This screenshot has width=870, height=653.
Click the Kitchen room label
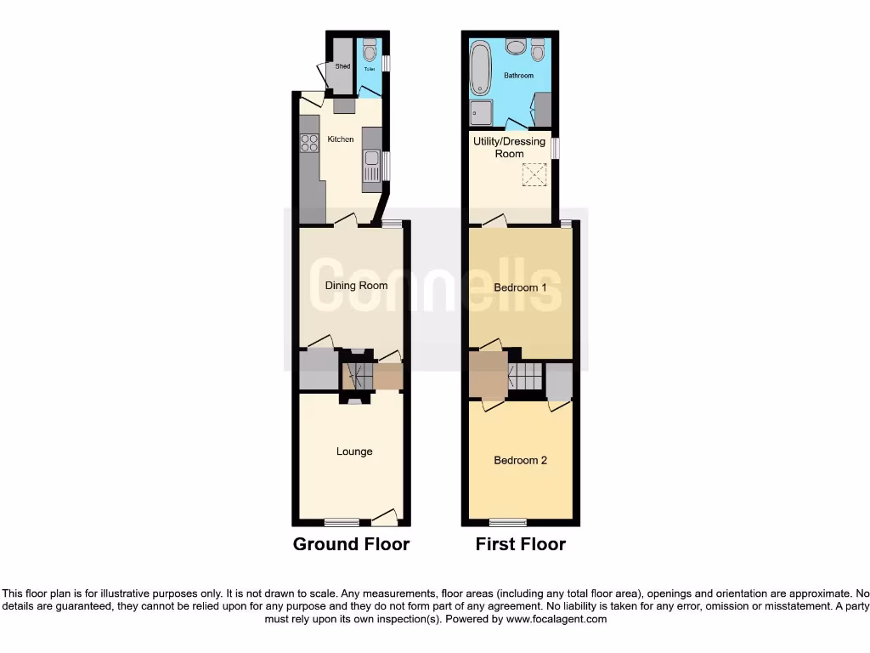tap(341, 139)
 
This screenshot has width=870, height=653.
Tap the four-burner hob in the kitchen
tap(308, 143)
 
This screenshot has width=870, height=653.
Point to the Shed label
tap(342, 66)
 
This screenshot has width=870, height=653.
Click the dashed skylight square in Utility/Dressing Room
tap(534, 176)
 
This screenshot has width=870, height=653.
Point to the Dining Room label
tap(356, 286)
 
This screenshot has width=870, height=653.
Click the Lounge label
tap(354, 451)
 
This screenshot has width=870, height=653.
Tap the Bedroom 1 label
tap(521, 287)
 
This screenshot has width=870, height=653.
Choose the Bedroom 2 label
tap(521, 460)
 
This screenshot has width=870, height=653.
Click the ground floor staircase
tap(357, 374)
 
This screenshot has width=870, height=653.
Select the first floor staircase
tap(525, 376)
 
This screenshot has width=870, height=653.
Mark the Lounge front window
tap(341, 521)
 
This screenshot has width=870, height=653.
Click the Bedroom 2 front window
tap(507, 521)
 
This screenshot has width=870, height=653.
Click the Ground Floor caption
tap(351, 544)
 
